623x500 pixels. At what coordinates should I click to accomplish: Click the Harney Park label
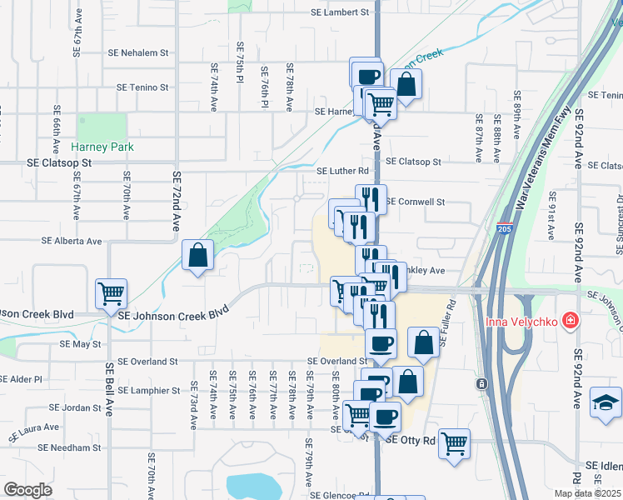point(102,147)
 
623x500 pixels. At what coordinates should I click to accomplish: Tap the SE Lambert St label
point(339,12)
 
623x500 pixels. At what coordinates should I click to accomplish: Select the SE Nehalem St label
point(138,52)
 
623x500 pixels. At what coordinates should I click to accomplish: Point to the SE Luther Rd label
point(342,172)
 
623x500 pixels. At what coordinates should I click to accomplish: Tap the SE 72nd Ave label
point(177,201)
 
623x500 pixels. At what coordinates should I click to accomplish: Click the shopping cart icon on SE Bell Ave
point(111,293)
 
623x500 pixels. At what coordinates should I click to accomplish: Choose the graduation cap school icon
point(604,402)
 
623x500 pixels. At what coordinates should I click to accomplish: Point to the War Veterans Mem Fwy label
point(544,157)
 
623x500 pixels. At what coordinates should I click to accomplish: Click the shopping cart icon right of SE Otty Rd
point(454,443)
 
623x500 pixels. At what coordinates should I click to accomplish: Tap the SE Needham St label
point(73,447)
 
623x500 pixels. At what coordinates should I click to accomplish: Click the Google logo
point(27,489)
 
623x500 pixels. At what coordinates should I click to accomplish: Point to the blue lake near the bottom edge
point(255,485)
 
